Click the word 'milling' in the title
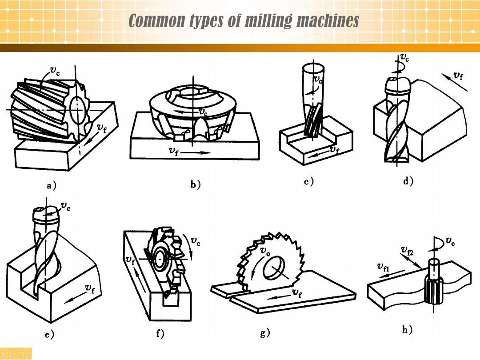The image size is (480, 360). tap(259, 20)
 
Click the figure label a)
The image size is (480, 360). tap(52, 186)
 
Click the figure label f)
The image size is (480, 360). tap(160, 334)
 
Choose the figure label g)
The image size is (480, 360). tap(265, 333)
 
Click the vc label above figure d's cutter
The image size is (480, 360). tap(404, 57)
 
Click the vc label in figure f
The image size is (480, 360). tap(195, 241)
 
